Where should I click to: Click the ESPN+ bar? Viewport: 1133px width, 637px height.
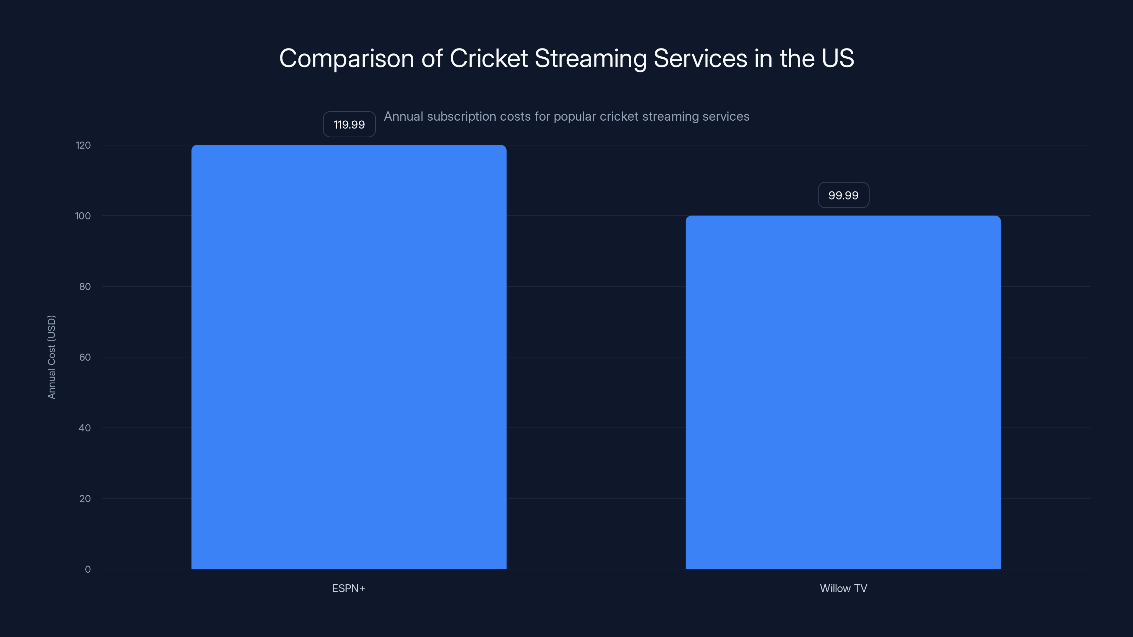tap(349, 356)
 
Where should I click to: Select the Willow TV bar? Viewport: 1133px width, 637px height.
tap(843, 392)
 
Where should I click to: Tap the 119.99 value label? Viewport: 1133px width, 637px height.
tap(349, 125)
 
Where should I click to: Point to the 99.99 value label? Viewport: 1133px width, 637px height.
tap(843, 195)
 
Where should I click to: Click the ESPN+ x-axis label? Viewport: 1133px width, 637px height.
tap(348, 588)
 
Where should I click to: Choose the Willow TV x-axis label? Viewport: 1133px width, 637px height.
tap(843, 588)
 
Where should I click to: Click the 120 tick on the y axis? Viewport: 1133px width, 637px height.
tap(83, 145)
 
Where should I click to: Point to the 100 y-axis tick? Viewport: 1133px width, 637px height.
tap(83, 216)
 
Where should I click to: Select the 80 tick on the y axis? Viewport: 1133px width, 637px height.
tap(85, 287)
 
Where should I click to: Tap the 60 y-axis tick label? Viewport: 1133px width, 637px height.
tap(85, 357)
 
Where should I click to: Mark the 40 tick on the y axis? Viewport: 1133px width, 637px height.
tap(85, 428)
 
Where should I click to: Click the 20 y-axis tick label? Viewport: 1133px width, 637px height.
tap(85, 499)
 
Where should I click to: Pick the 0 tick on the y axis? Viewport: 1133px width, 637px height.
tap(88, 569)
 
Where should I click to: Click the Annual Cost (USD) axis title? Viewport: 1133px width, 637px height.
tap(51, 357)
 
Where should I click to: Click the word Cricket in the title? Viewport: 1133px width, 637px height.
tap(488, 58)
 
